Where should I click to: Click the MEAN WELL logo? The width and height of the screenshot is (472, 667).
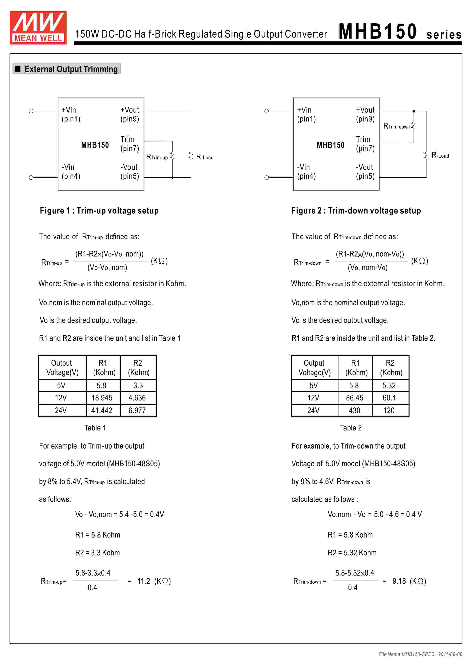coord(38,28)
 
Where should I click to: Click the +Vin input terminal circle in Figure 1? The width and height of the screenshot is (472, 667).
coord(31,111)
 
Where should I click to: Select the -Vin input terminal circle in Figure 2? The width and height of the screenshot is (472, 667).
coord(266,178)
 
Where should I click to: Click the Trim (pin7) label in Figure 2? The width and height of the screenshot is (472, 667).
coord(365,144)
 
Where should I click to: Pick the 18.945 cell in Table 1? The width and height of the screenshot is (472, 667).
coord(102,398)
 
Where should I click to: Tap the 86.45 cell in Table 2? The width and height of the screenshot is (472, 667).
coord(355,398)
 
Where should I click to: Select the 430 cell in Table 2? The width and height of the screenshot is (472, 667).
coord(355,411)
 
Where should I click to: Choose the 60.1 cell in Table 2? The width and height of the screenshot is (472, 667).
coord(389,398)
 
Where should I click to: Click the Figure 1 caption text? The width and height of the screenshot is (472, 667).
coord(99,211)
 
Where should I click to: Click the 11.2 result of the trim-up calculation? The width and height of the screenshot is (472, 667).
coord(144,581)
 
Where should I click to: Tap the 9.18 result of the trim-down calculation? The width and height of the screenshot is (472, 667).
coord(399,581)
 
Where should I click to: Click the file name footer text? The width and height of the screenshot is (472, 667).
coord(420,654)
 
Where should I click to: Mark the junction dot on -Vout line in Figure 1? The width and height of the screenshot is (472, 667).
coord(173,178)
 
